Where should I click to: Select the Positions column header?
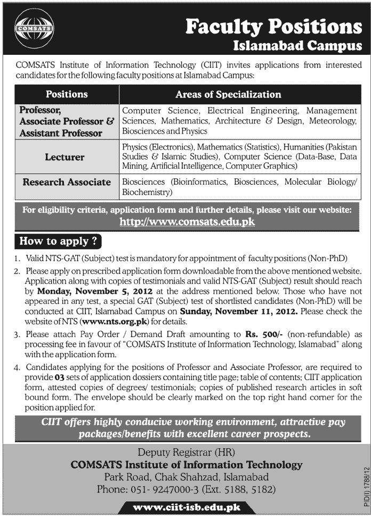[67, 94]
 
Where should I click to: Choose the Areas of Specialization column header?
[228, 94]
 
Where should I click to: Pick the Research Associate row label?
[67, 182]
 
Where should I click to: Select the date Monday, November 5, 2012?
[96, 292]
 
